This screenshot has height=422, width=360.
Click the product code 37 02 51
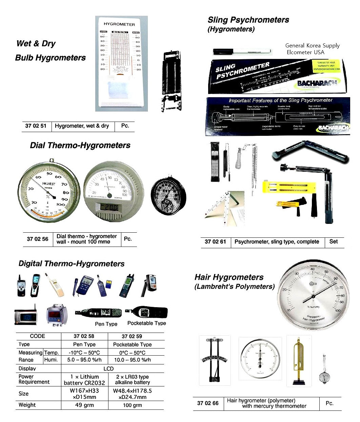click(x=36, y=126)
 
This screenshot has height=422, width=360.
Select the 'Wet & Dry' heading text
click(x=36, y=44)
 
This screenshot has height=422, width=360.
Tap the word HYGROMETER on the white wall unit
click(x=119, y=24)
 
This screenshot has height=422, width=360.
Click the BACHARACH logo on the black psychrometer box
click(x=317, y=83)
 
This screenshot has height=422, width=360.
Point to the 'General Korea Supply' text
click(x=312, y=45)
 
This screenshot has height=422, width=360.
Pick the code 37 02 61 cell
click(x=215, y=242)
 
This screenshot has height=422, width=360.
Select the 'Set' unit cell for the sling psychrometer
click(x=334, y=242)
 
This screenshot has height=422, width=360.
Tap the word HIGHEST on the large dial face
click(x=49, y=184)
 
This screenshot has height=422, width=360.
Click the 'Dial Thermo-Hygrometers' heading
click(x=80, y=146)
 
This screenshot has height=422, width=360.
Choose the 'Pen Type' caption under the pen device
click(x=106, y=324)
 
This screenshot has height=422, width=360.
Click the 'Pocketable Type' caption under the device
click(x=146, y=323)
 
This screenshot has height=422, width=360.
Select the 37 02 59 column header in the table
click(x=132, y=336)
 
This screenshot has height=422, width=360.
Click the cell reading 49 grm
click(x=84, y=405)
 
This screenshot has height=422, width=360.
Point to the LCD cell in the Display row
click(x=108, y=368)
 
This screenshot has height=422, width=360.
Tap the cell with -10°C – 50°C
click(x=84, y=353)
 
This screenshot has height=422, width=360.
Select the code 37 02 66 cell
click(x=208, y=403)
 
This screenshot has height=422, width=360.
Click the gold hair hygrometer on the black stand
click(x=298, y=361)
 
